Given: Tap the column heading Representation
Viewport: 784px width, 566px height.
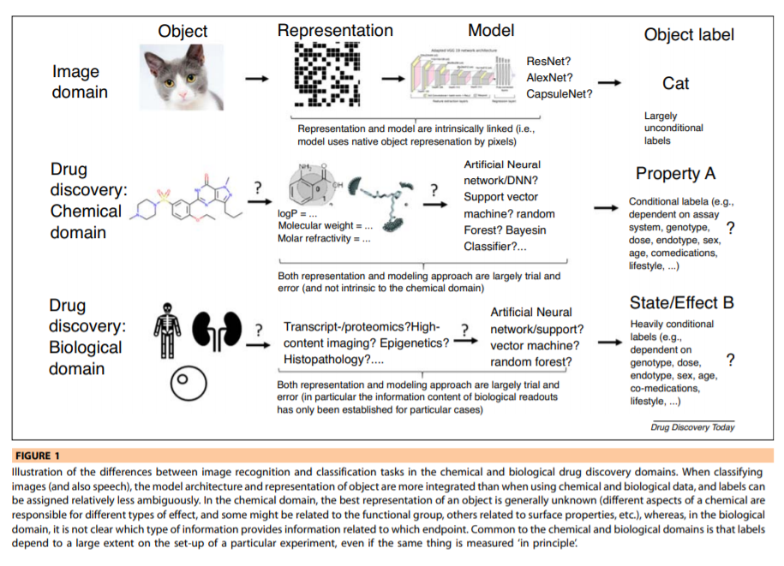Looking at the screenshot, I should click(x=335, y=31).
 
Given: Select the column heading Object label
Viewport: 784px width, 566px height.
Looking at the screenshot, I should click(x=689, y=35).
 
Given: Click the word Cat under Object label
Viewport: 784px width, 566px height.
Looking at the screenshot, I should click(x=676, y=83).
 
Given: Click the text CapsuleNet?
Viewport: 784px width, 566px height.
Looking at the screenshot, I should click(x=560, y=93).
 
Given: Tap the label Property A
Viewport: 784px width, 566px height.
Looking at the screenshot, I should click(x=675, y=174).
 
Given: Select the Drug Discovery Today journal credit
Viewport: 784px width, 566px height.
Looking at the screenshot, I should click(x=692, y=426).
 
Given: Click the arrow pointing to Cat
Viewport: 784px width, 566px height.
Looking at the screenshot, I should click(x=610, y=82).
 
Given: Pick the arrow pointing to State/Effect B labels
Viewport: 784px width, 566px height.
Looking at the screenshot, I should click(x=609, y=343).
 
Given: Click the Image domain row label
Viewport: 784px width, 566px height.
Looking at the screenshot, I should click(x=80, y=81).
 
